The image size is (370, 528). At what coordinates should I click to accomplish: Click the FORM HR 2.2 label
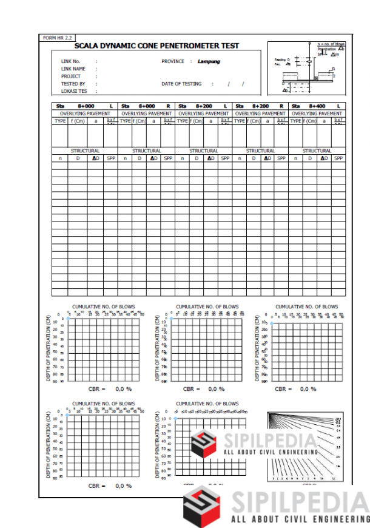55,38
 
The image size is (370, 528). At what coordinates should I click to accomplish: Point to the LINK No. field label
71,62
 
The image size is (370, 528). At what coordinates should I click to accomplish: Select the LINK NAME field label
73,69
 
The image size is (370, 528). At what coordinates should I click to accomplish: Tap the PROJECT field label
71,76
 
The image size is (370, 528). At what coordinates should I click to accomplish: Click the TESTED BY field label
73,84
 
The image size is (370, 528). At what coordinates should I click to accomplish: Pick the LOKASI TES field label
75,91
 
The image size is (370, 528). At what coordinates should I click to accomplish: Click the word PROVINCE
173,62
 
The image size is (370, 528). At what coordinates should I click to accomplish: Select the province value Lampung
209,62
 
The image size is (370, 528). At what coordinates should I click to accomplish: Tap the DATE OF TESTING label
181,84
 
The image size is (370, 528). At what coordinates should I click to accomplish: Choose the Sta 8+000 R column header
146,106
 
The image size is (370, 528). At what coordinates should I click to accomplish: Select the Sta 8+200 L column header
203,106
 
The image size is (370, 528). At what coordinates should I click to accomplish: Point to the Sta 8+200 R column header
260,106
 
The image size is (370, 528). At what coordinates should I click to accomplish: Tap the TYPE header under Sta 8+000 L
60,121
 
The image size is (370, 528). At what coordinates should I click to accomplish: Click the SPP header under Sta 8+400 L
338,158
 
